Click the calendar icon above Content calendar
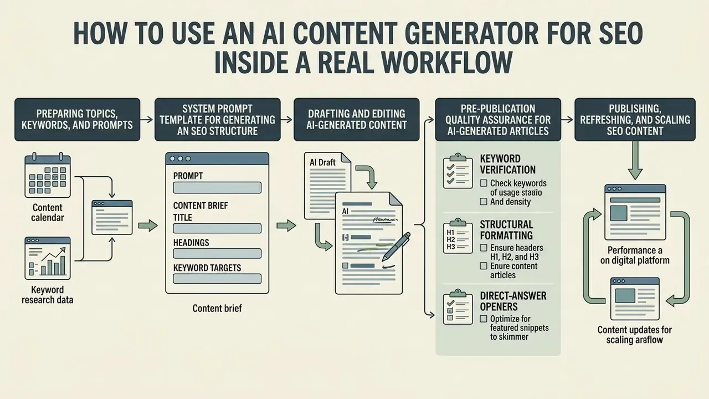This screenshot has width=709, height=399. pos(48,176)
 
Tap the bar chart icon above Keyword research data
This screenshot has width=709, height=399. pos(48,258)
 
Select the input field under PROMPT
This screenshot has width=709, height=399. pos(217,187)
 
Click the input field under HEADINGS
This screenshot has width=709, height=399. pos(217,254)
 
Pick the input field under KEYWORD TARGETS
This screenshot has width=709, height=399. pos(217,279)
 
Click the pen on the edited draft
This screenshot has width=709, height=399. pos(396,247)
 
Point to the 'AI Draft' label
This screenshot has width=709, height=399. pos(322,162)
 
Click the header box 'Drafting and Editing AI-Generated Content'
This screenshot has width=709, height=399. pos(356,119)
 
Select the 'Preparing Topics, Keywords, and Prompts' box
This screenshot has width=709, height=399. pos(77,119)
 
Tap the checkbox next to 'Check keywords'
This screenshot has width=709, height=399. pos(484,183)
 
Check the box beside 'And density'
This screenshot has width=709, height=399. pos(484,202)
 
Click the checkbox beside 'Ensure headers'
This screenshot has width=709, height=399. pos(484,248)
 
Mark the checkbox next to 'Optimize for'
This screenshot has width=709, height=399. pos(484,319)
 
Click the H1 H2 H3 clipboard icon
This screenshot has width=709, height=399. pos(458,236)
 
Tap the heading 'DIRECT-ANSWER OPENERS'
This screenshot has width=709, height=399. pos(513,301)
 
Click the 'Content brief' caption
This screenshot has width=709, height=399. pos(217,308)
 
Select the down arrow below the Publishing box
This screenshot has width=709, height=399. pos(635,161)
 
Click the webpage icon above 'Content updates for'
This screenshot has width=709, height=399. pos(635,299)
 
